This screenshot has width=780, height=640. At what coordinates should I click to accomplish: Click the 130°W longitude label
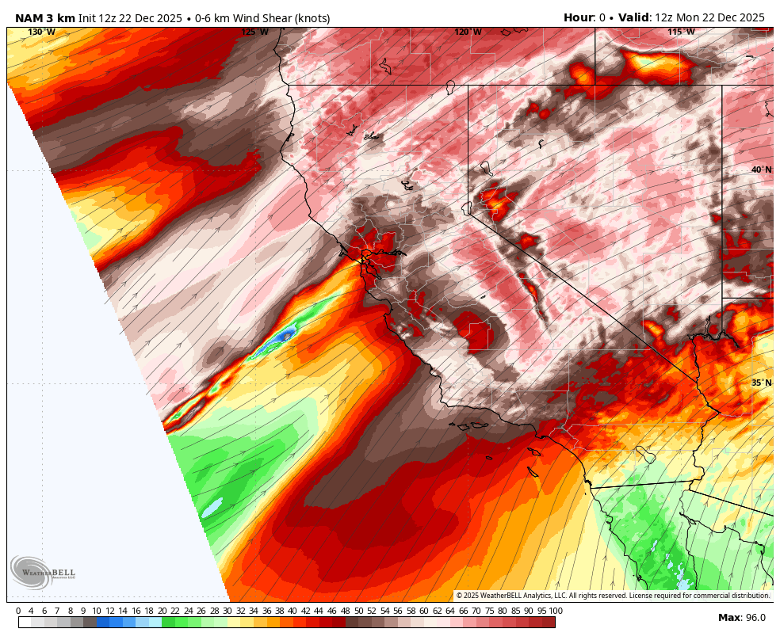(x=42, y=32)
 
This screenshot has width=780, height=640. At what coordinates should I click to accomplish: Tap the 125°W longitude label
(x=254, y=32)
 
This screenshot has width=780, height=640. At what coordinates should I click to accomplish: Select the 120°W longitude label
(x=468, y=32)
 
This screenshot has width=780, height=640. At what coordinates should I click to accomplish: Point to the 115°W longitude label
(x=680, y=32)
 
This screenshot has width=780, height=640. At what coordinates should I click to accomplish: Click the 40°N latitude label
(x=761, y=170)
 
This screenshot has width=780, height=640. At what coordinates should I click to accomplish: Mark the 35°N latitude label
(x=761, y=383)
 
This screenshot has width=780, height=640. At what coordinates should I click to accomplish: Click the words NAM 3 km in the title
(x=45, y=18)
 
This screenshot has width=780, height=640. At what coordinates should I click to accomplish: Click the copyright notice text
(x=613, y=596)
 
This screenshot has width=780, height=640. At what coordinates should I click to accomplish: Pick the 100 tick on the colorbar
(x=556, y=611)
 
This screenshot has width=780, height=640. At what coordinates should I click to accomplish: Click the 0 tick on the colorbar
(x=18, y=611)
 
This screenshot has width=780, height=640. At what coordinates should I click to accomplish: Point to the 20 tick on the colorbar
(x=162, y=611)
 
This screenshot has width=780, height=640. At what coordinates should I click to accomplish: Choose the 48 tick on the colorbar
(x=345, y=611)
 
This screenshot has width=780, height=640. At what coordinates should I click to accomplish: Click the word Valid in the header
(x=633, y=17)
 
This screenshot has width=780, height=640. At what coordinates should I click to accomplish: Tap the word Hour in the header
(x=578, y=17)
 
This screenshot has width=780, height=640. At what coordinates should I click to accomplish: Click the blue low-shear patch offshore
(x=279, y=337)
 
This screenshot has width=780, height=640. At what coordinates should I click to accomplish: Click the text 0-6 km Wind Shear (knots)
(x=261, y=18)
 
